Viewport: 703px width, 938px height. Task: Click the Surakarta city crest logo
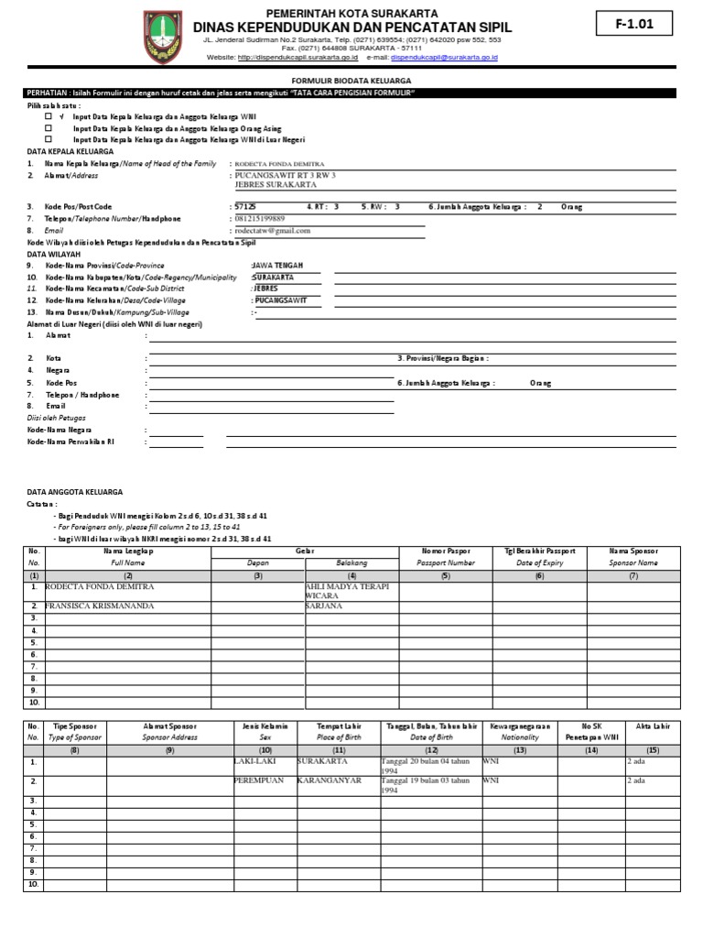point(163,37)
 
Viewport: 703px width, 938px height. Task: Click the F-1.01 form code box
point(633,25)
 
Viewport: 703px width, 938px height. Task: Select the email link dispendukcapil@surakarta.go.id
point(444,57)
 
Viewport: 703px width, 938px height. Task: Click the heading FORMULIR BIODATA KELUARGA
point(351,81)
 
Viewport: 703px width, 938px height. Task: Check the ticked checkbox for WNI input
point(49,117)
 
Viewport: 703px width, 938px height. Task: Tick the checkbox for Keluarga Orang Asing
point(49,129)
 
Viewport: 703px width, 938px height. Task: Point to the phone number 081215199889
point(260,219)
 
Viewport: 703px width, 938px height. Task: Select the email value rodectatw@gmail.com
point(273,231)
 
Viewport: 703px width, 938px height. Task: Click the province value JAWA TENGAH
point(276,265)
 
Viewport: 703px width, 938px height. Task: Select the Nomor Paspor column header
point(445,551)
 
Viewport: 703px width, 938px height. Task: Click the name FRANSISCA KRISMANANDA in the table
point(100,605)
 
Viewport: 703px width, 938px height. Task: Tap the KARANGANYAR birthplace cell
point(330,780)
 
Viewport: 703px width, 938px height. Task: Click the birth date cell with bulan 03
point(428,785)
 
